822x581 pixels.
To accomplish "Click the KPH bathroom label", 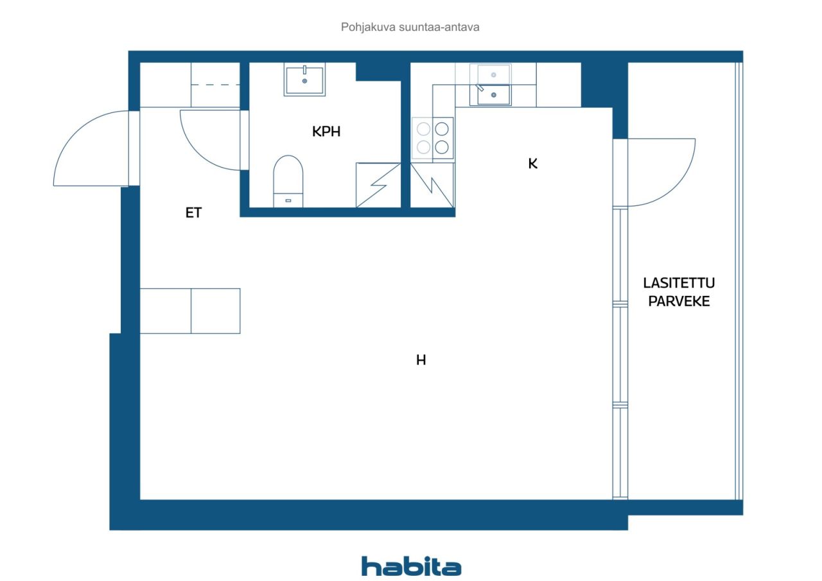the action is [326, 132].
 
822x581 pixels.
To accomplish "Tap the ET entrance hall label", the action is [193, 212].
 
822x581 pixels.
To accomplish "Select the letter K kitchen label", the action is [533, 164].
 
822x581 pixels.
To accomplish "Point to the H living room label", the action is [421, 360].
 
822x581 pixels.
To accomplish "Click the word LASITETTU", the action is [679, 283].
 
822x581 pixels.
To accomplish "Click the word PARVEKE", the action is [679, 301].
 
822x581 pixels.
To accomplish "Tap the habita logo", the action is [411, 566].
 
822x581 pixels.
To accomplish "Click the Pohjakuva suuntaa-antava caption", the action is [410, 27].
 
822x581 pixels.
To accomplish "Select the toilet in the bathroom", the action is [288, 181].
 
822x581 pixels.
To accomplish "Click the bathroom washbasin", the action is [304, 80].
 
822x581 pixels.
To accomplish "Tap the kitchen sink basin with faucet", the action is [494, 94].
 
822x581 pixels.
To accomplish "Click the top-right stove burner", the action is [442, 129].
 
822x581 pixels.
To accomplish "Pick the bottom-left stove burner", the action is [423, 148].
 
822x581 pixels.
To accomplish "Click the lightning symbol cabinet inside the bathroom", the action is [378, 186].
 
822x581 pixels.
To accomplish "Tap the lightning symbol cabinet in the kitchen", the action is [432, 186].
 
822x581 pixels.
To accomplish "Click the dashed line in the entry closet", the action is [215, 85].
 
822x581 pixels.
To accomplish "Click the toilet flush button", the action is [288, 201].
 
